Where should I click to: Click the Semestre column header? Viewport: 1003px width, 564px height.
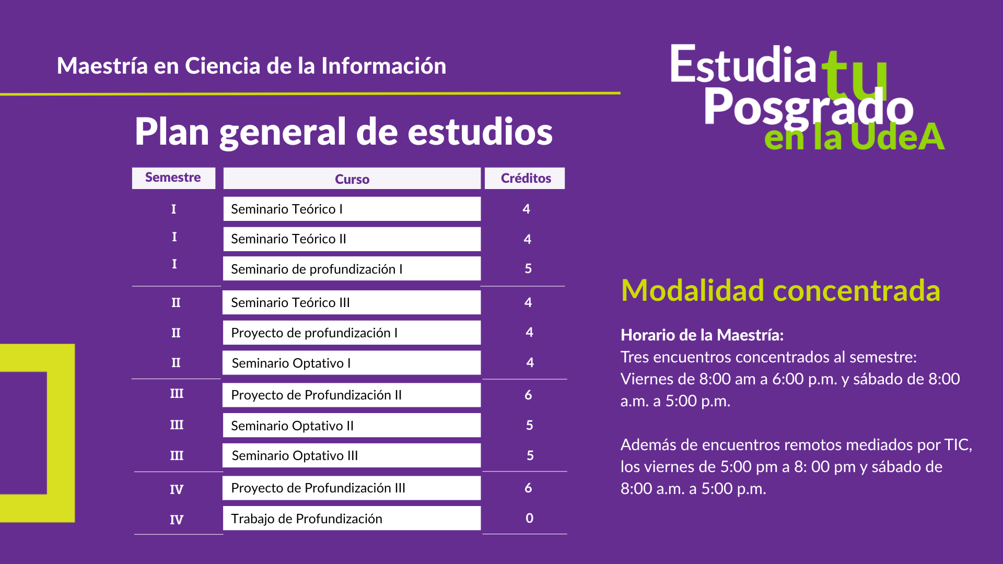point(173,178)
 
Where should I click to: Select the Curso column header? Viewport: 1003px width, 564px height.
point(352,179)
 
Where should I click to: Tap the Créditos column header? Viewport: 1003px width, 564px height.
point(525,178)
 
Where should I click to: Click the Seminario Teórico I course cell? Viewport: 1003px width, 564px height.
point(352,209)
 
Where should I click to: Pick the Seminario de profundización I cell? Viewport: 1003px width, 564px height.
point(352,268)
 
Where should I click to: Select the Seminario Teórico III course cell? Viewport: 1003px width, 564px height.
point(352,302)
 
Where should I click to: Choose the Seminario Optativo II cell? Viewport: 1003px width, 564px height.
point(352,425)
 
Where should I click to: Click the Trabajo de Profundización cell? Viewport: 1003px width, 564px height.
point(352,518)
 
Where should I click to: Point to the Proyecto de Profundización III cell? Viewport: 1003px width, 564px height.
point(352,488)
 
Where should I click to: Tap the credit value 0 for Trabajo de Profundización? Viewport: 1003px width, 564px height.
point(529,518)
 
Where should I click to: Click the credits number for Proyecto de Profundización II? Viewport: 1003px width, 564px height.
point(528,395)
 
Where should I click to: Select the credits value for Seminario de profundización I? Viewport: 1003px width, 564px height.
point(528,268)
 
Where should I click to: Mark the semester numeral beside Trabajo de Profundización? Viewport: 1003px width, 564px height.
point(177,520)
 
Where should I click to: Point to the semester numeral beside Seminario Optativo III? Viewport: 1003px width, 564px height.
point(177,455)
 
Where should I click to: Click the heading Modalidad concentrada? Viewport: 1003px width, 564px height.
point(780,290)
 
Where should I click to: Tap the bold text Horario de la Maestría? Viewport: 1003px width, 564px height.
point(702,335)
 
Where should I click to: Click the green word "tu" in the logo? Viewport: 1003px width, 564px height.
point(855,76)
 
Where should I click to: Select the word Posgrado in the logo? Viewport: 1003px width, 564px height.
point(808,108)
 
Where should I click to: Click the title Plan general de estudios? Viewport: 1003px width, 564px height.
point(344,132)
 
